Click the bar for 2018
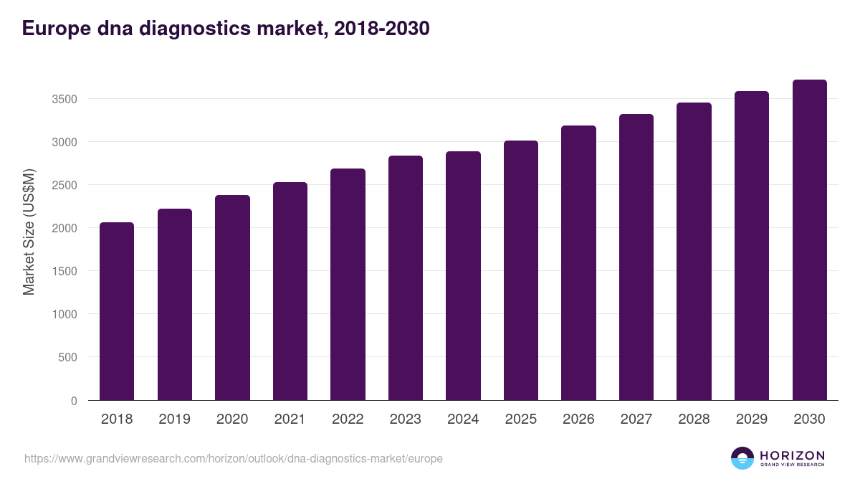point(117,311)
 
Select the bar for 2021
point(290,291)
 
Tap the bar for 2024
point(463,276)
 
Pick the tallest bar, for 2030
point(809,240)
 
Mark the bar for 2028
point(694,252)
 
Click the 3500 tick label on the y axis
point(64,99)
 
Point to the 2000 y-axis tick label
point(64,228)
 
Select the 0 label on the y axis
point(74,401)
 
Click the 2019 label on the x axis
point(174,419)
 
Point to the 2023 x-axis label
point(406,419)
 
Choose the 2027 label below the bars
point(636,419)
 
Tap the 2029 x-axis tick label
point(752,419)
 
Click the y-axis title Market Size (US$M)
point(29,232)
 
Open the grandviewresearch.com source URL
point(234,458)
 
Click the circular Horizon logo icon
point(742,458)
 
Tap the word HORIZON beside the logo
point(792,455)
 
